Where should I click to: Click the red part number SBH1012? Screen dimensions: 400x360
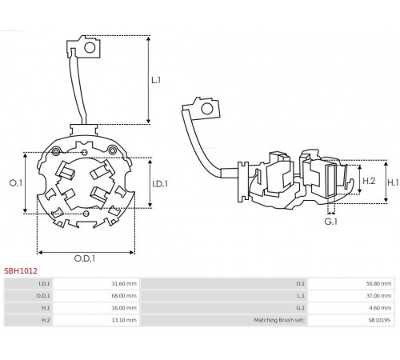pyautogui.click(x=21, y=271)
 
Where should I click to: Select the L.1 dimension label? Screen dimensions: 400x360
pyautogui.click(x=156, y=80)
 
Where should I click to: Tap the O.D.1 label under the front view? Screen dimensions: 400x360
pyautogui.click(x=85, y=258)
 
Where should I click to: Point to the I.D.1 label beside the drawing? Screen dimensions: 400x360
pyautogui.click(x=160, y=184)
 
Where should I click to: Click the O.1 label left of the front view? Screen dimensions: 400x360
pyautogui.click(x=16, y=183)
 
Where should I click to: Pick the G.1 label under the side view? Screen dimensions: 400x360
pyautogui.click(x=331, y=222)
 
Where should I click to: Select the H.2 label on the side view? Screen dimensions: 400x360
pyautogui.click(x=369, y=181)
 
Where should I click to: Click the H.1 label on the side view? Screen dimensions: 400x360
pyautogui.click(x=393, y=182)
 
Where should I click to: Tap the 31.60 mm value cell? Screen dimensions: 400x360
pyautogui.click(x=124, y=283)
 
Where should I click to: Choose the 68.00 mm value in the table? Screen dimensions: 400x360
pyautogui.click(x=124, y=296)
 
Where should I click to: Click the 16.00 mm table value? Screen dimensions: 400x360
pyautogui.click(x=124, y=308)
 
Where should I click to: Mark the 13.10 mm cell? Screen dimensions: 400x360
pyautogui.click(x=124, y=320)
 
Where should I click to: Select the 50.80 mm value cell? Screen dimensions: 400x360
pyautogui.click(x=378, y=283)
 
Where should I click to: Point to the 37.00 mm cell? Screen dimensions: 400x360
pyautogui.click(x=378, y=296)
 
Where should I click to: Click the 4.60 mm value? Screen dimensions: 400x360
pyautogui.click(x=380, y=308)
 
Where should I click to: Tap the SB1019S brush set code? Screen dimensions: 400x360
pyautogui.click(x=379, y=320)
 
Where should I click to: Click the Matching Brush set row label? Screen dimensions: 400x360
pyautogui.click(x=279, y=320)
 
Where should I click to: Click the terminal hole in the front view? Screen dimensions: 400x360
pyautogui.click(x=90, y=48)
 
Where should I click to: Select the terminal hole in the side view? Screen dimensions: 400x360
pyautogui.click(x=207, y=109)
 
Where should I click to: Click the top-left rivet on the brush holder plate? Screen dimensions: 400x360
pyautogui.click(x=56, y=152)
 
